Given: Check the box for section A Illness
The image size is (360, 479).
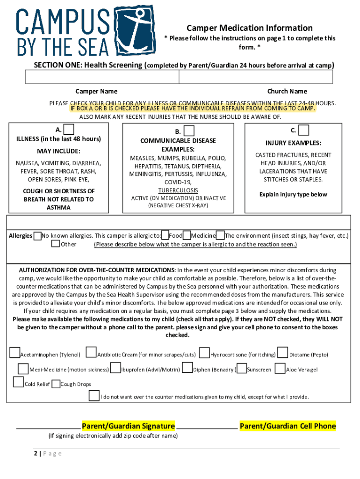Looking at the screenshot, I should (x=69, y=129).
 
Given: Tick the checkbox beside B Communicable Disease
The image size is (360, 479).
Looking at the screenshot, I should (x=189, y=131).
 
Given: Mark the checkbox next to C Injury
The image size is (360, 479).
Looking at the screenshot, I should (x=303, y=130).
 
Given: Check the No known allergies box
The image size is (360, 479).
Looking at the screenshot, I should (x=37, y=236).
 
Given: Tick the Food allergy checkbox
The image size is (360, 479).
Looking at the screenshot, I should (x=165, y=235).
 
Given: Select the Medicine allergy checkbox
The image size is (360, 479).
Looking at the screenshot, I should (x=187, y=235).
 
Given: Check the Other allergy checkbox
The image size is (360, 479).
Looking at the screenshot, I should (x=56, y=244).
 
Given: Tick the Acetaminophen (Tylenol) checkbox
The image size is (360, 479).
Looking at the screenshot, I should (x=15, y=353).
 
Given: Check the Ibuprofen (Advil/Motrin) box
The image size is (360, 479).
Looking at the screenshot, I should (x=116, y=369).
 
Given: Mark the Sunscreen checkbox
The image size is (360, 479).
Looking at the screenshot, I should (x=242, y=369).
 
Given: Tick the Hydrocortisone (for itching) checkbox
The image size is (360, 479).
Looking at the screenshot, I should (x=204, y=353).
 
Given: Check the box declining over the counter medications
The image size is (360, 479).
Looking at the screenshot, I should (x=94, y=396).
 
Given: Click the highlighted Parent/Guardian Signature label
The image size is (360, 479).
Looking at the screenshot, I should (x=128, y=426).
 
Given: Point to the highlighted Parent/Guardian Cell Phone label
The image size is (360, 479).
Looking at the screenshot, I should (x=288, y=426).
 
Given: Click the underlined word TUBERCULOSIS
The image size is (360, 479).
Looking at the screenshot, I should (x=178, y=190).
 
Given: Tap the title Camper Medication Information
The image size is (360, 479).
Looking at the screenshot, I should (x=250, y=28).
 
